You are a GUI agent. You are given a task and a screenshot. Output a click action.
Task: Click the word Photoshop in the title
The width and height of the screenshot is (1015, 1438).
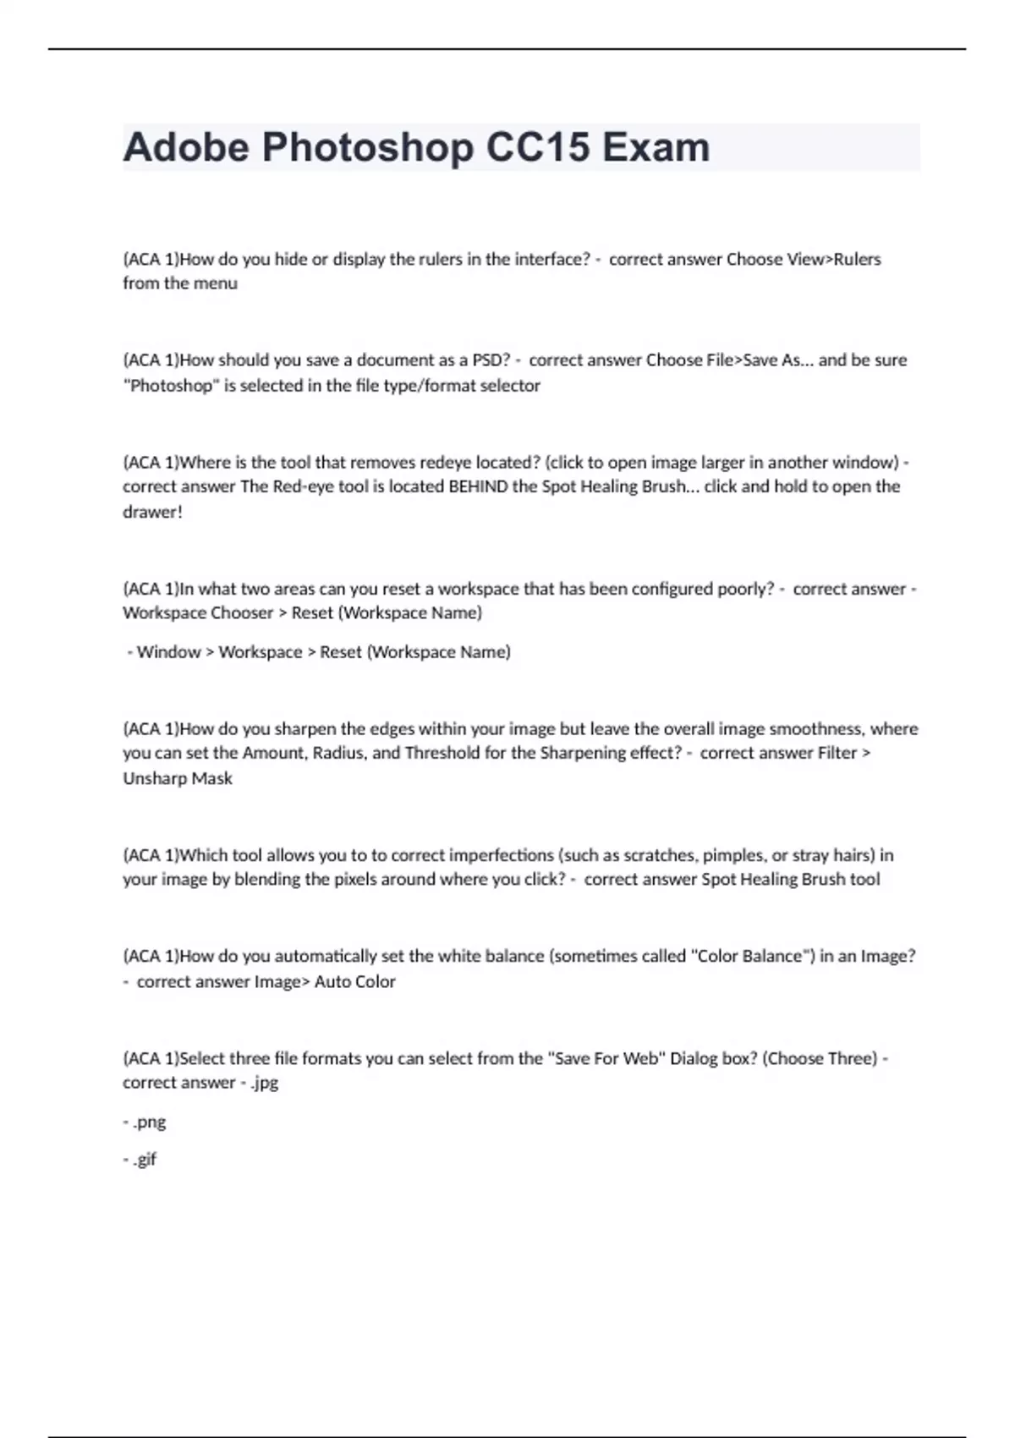(x=368, y=148)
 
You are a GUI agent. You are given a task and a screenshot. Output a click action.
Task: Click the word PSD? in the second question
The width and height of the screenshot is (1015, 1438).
(x=491, y=359)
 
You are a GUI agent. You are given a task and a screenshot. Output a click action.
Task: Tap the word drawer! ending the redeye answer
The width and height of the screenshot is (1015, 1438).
(x=152, y=511)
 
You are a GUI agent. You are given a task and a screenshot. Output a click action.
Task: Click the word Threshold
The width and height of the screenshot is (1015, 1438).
(x=442, y=753)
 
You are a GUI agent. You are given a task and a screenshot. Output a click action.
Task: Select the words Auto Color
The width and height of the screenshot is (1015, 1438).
(x=355, y=981)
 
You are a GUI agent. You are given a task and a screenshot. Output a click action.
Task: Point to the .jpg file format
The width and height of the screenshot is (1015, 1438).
(x=264, y=1083)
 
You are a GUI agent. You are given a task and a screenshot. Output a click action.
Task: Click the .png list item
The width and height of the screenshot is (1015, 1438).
(x=149, y=1122)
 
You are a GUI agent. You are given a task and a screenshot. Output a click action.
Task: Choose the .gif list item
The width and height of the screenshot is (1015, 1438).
(x=145, y=1159)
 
